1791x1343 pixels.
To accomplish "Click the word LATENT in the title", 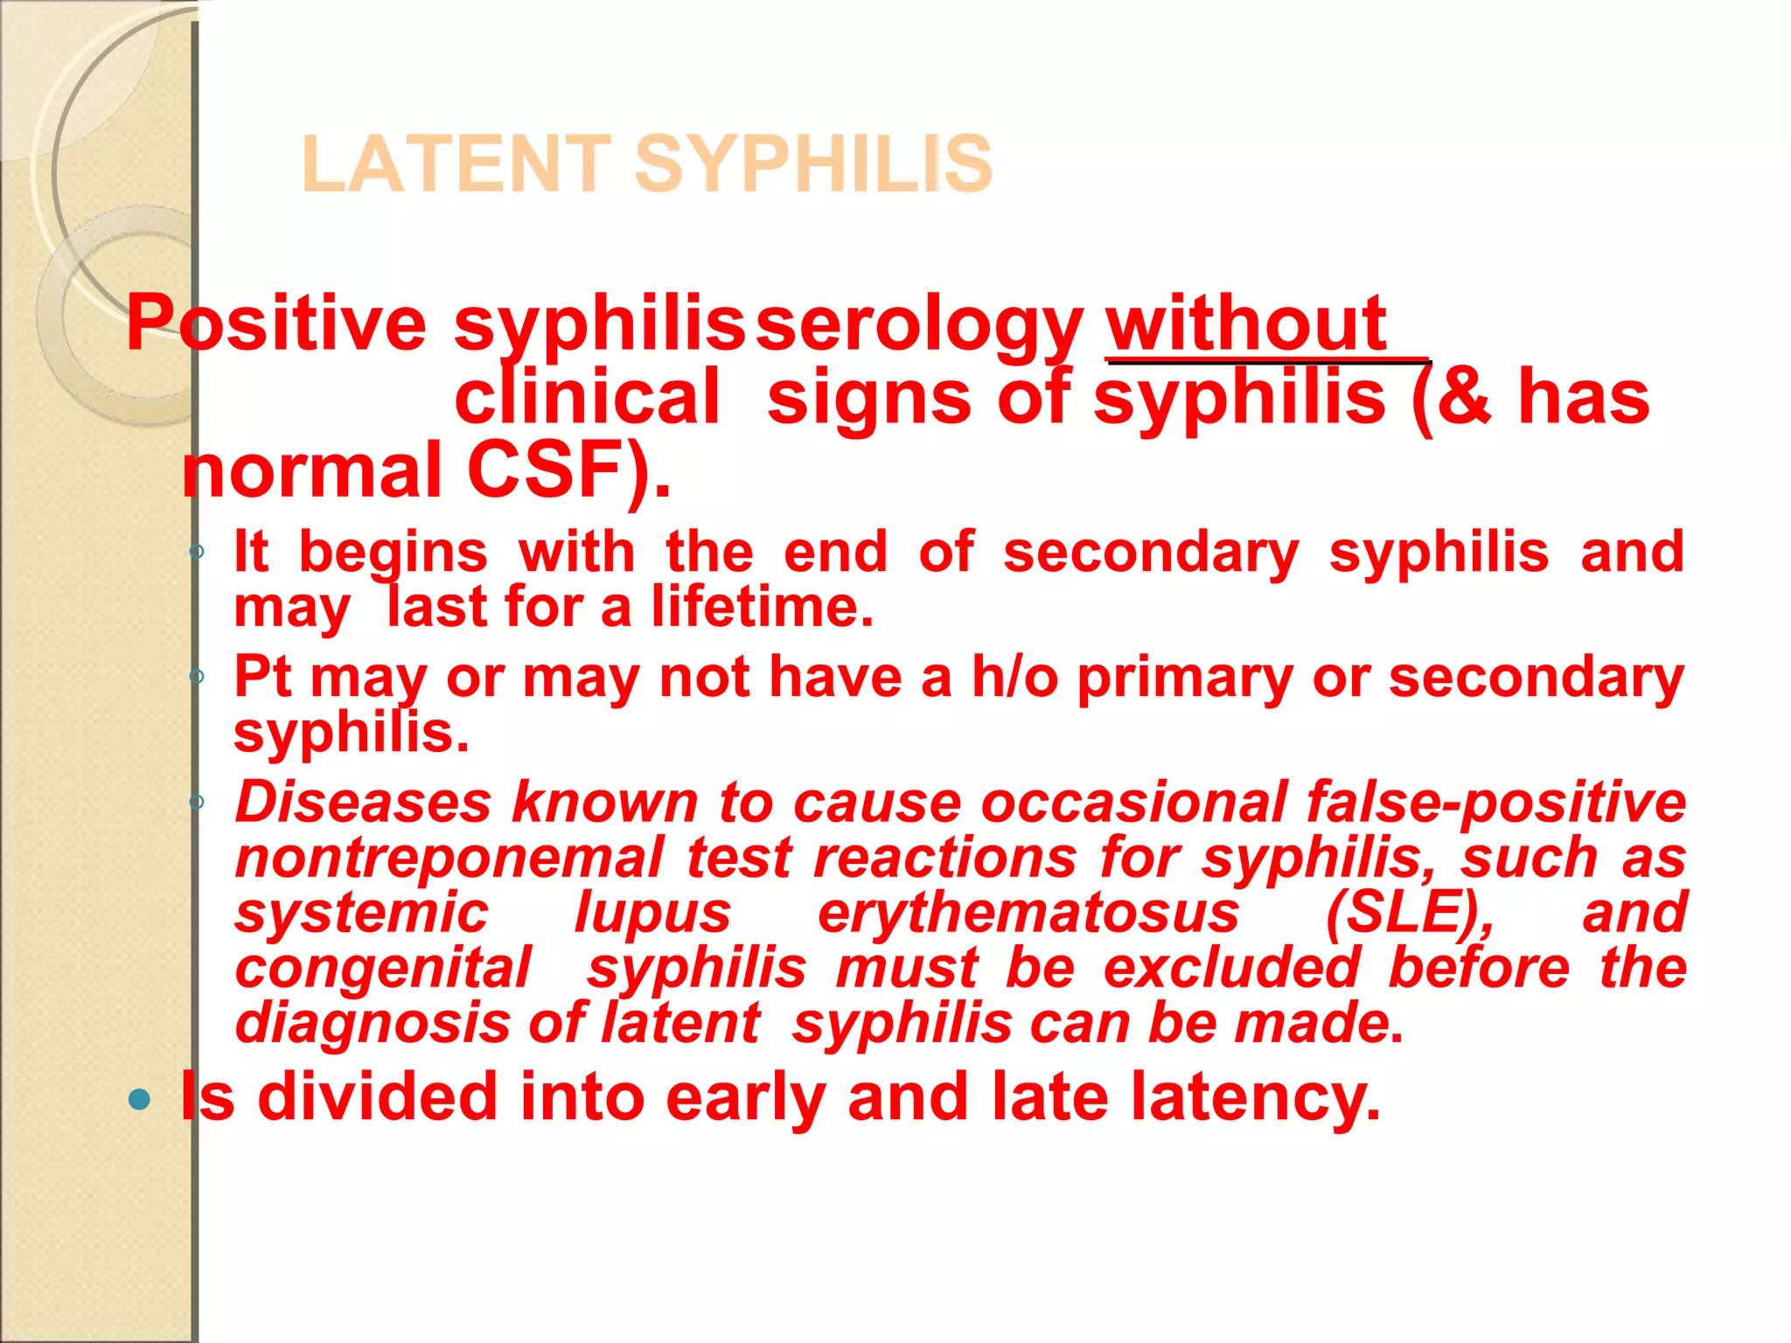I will point(456,164).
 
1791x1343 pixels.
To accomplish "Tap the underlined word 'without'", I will point(1246,324).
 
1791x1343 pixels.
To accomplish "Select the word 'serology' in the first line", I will point(919,324).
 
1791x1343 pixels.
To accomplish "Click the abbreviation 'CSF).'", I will point(569,471).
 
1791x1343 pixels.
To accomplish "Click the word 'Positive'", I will point(276,324).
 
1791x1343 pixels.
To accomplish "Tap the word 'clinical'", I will point(587,398).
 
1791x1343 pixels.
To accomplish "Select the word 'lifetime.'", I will point(763,607).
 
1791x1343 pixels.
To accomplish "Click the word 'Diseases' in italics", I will point(364,803).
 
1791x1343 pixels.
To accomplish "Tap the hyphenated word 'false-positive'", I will point(1496,803).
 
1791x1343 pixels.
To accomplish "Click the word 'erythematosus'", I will point(1028,913).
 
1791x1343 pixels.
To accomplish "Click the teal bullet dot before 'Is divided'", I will point(139,1099).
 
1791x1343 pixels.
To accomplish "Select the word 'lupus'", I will point(652,913).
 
